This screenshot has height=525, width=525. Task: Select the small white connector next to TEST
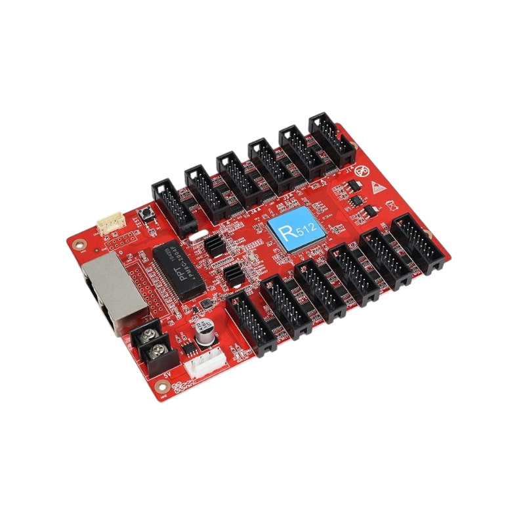tap(109, 226)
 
